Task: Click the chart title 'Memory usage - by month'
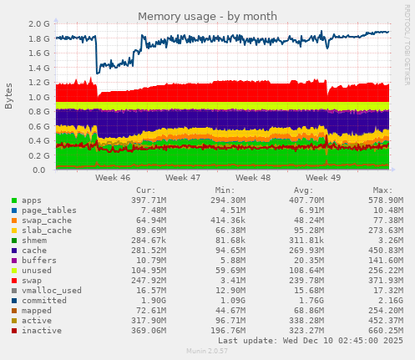click(x=208, y=16)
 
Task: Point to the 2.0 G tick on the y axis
click(x=38, y=24)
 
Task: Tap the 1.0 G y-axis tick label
click(x=38, y=97)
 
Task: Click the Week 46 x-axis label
click(x=113, y=178)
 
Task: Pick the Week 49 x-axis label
click(x=323, y=178)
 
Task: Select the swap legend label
click(x=30, y=280)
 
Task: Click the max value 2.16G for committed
click(x=389, y=300)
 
